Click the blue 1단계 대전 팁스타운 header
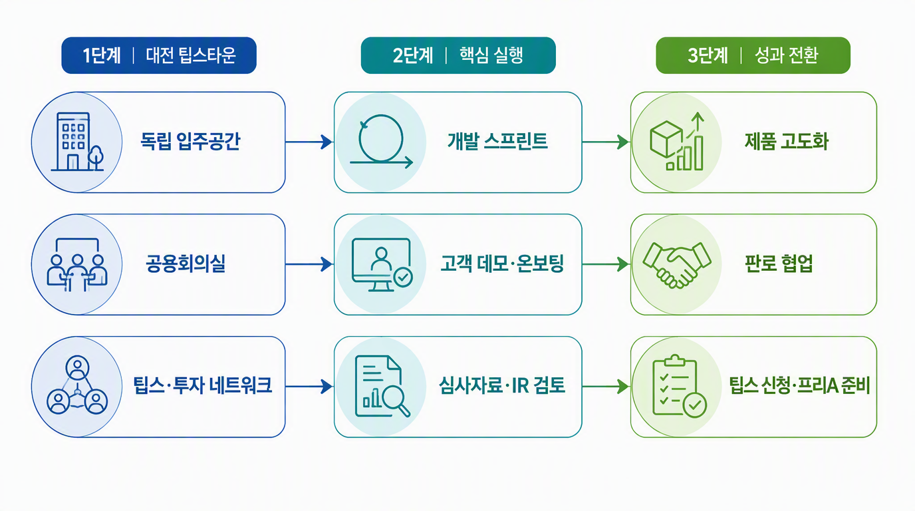[x=159, y=56]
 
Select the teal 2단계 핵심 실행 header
[x=458, y=56]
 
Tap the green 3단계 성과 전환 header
[x=753, y=56]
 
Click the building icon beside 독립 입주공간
[x=77, y=142]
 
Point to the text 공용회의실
[x=186, y=263]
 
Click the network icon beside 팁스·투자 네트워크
[x=77, y=385]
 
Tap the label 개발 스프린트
[x=497, y=142]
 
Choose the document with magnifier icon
[x=382, y=387]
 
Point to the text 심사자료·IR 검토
[x=502, y=385]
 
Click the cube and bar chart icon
[x=677, y=142]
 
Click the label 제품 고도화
[x=787, y=142]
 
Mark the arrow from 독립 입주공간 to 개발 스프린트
[x=309, y=142]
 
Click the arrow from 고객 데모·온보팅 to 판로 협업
[x=606, y=264]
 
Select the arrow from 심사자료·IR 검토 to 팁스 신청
[x=606, y=387]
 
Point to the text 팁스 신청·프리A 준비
[x=800, y=385]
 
